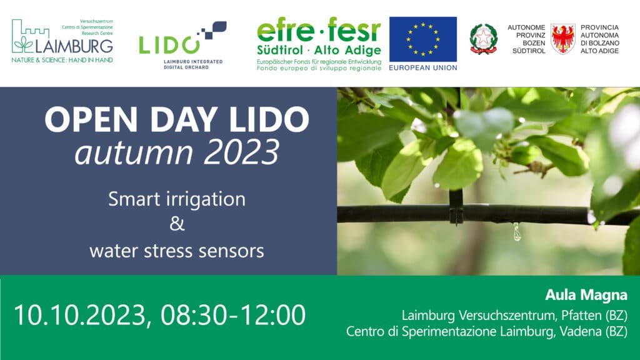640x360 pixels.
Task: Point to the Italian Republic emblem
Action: tap(483, 39)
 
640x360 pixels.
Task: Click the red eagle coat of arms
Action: tap(562, 39)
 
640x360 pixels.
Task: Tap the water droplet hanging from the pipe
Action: tap(517, 232)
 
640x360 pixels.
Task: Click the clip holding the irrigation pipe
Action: tap(456, 210)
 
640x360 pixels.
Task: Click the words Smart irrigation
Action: tap(176, 199)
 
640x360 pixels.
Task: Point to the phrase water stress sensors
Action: tap(176, 251)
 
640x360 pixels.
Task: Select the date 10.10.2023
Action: tap(80, 315)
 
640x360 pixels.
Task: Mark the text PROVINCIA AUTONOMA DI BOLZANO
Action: tap(599, 39)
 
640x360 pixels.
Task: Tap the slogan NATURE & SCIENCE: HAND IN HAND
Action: tap(62, 61)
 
